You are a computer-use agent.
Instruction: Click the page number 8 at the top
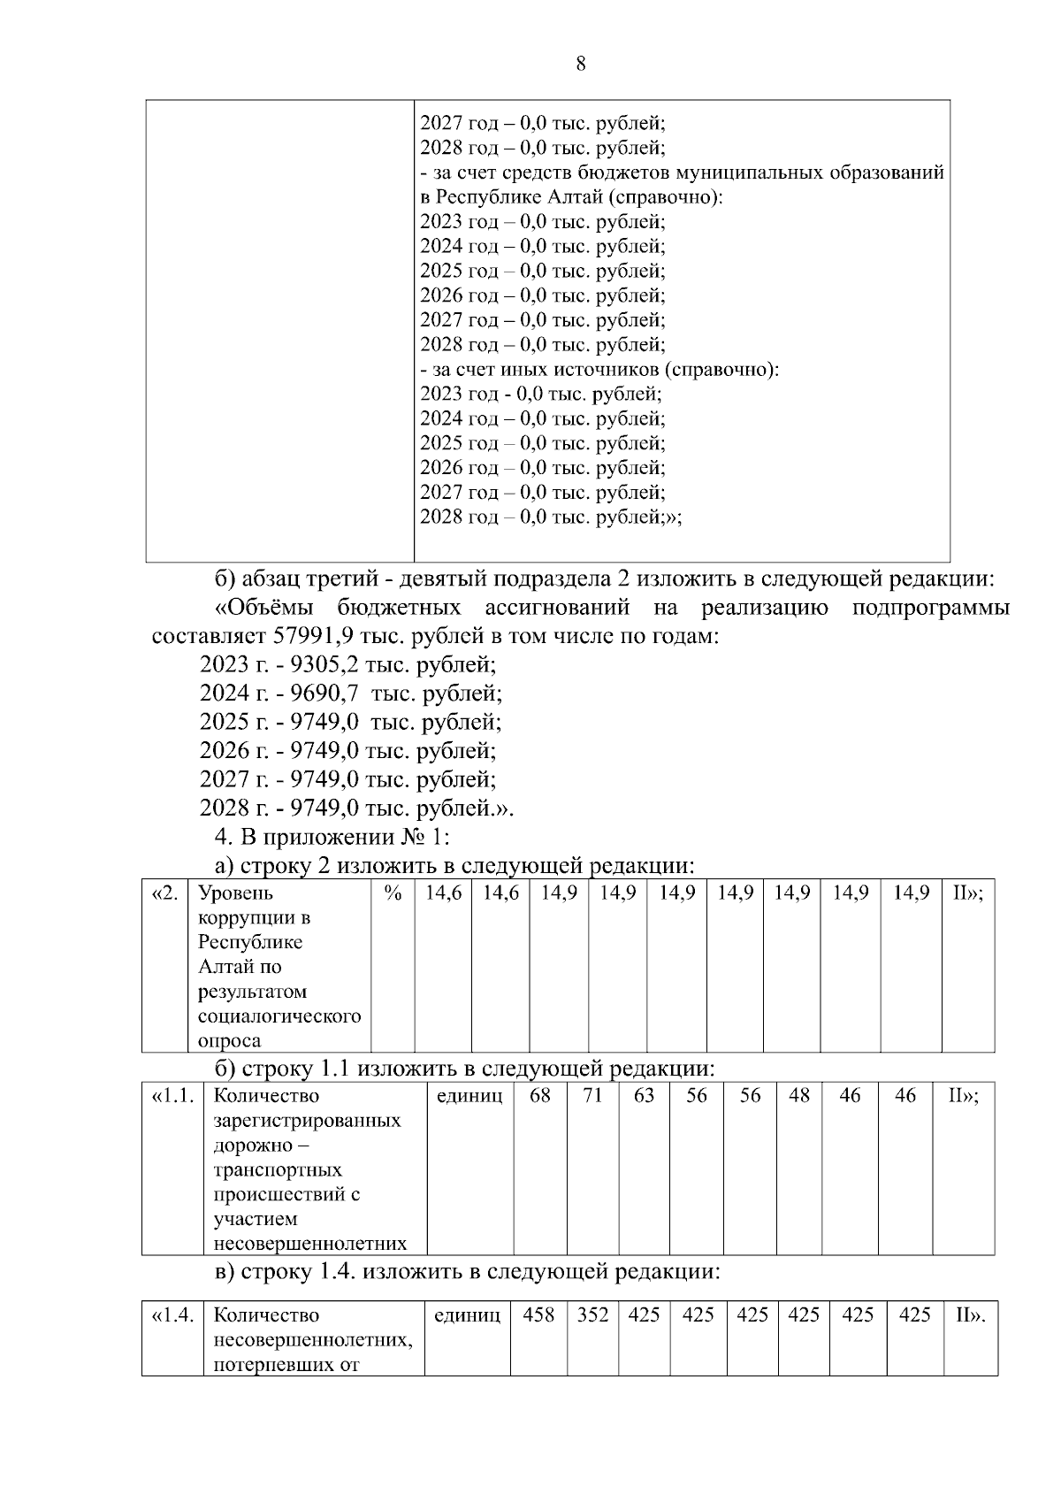(580, 64)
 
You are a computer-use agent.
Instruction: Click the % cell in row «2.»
(393, 893)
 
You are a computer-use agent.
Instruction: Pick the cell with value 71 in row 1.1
(592, 1096)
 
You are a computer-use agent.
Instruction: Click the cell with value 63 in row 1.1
(644, 1096)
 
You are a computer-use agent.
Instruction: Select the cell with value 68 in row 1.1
(540, 1096)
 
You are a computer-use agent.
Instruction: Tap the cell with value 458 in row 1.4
(538, 1315)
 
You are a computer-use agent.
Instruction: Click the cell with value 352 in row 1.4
(592, 1315)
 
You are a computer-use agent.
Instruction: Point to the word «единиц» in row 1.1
(469, 1096)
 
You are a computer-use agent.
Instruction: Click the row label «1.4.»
(172, 1315)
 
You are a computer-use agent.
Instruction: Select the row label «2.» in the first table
(165, 893)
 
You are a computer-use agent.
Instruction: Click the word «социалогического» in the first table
(279, 1016)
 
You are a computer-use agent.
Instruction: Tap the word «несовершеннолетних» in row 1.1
(309, 1244)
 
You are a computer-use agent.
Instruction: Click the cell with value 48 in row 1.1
(799, 1096)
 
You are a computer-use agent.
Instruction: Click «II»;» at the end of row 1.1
(963, 1096)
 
